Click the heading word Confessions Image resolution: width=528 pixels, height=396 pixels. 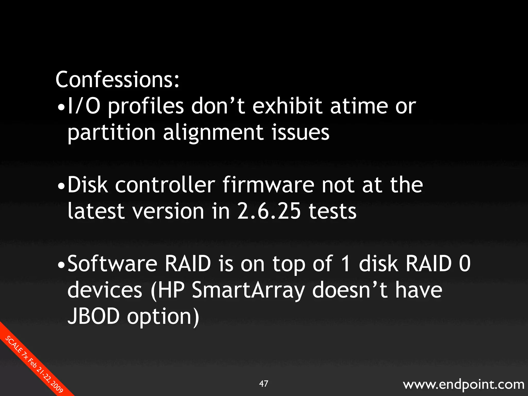117,80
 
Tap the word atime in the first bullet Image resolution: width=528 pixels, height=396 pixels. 359,106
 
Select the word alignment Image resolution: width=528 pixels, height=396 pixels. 213,133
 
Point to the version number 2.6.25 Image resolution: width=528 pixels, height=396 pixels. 269,211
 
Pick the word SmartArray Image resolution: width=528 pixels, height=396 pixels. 248,290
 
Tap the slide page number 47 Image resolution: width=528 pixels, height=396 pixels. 263,384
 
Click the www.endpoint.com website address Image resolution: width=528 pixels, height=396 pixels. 464,384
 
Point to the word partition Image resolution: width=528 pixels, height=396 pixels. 111,133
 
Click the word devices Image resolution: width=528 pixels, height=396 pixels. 105,290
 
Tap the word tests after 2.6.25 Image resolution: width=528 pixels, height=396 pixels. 333,211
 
